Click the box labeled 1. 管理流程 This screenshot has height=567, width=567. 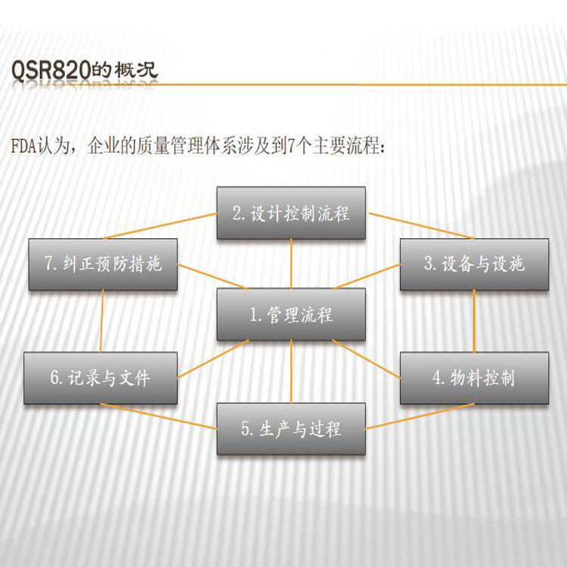(291, 314)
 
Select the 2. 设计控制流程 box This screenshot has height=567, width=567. (291, 212)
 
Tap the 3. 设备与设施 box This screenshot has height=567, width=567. (474, 264)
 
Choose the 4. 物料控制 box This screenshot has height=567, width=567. (474, 378)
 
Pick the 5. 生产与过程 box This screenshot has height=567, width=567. (291, 429)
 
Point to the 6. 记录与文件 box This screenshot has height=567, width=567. (101, 378)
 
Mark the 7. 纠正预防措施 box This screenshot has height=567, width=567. (103, 264)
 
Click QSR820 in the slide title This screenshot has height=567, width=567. (51, 70)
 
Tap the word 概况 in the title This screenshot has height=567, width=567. (136, 70)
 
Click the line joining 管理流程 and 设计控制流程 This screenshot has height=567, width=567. (291, 264)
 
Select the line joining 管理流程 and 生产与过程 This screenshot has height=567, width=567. (291, 372)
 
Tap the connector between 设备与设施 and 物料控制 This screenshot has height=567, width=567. (474, 321)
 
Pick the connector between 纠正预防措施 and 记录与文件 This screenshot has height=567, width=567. (102, 321)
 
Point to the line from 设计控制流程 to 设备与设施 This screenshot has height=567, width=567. (421, 225)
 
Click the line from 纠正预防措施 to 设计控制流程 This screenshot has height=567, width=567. (160, 226)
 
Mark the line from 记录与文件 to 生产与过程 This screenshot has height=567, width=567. (159, 417)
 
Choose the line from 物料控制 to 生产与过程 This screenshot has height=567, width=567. (420, 417)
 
